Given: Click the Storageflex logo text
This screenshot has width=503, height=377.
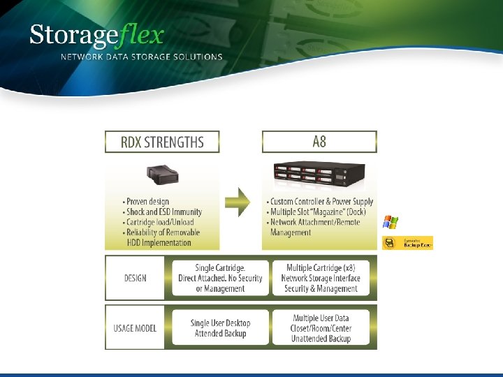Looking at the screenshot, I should (96, 36).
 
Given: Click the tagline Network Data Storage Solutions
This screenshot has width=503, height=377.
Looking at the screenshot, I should (142, 57).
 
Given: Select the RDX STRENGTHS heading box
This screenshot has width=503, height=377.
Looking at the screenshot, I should (162, 142).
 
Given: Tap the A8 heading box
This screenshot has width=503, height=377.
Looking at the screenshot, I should (319, 142).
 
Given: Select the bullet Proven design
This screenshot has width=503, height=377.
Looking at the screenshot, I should (147, 202).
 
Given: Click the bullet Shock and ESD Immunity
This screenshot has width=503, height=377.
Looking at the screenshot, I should (163, 212).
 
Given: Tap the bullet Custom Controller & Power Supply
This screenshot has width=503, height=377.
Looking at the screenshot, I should (321, 202).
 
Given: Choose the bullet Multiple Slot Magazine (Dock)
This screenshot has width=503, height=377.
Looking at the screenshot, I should (316, 212).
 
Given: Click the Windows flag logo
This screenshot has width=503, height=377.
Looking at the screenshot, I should (390, 222).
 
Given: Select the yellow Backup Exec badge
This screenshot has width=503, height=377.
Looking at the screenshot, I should (407, 242).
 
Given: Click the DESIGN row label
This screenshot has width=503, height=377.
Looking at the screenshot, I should (135, 278).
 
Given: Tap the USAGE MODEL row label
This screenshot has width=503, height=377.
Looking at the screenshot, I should (135, 328).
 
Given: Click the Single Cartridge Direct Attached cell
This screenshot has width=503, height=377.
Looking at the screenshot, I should (220, 278).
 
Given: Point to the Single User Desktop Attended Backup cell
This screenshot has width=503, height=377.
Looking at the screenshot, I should (220, 328).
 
